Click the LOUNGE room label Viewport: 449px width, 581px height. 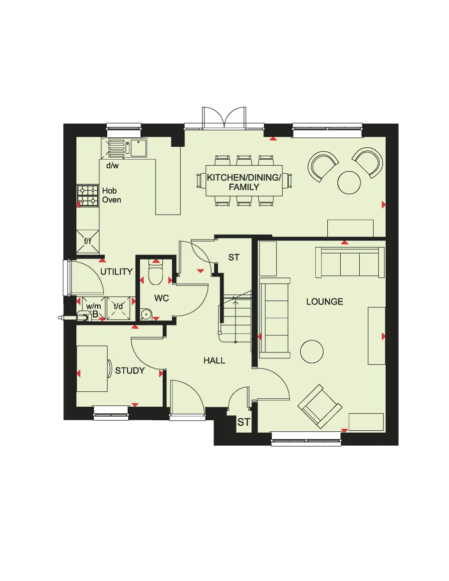click(x=324, y=301)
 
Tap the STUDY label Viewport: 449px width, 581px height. click(x=130, y=370)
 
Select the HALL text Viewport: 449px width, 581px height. click(x=214, y=360)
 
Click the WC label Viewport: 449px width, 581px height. click(x=161, y=298)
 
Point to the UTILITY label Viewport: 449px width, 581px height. click(x=116, y=272)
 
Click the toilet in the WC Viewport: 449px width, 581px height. click(x=155, y=276)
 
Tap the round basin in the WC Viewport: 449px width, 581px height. click(x=146, y=314)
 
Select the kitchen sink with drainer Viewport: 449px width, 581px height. click(x=128, y=147)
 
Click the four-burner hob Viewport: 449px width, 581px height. click(x=87, y=196)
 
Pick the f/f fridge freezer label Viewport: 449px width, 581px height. click(x=87, y=241)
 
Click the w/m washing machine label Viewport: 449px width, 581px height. click(x=93, y=306)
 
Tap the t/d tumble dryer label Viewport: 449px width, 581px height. click(x=118, y=306)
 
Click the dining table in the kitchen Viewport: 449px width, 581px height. click(x=244, y=181)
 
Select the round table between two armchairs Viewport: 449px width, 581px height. click(x=349, y=182)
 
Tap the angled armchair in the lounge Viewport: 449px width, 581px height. click(x=320, y=406)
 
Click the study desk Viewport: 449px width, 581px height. click(x=92, y=368)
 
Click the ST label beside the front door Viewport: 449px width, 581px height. click(x=243, y=422)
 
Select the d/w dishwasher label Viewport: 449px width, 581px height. click(x=113, y=165)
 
